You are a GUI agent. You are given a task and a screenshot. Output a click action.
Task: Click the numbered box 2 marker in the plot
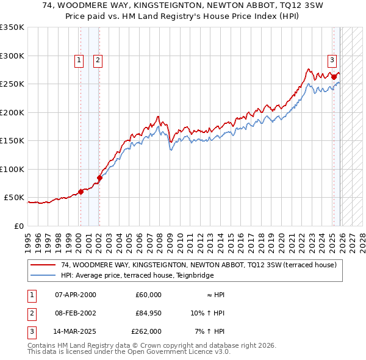click(98, 60)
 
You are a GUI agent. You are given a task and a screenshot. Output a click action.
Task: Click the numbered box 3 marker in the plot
click(332, 60)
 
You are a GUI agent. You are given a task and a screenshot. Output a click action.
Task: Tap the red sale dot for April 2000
click(81, 192)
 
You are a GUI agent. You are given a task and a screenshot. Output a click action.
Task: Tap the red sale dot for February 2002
click(99, 178)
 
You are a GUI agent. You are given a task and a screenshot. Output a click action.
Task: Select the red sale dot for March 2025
click(334, 77)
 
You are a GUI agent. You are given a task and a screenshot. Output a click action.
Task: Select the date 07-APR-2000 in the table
click(75, 295)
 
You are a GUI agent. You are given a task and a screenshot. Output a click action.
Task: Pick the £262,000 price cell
click(146, 331)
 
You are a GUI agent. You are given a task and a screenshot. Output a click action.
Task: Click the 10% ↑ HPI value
click(207, 313)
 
